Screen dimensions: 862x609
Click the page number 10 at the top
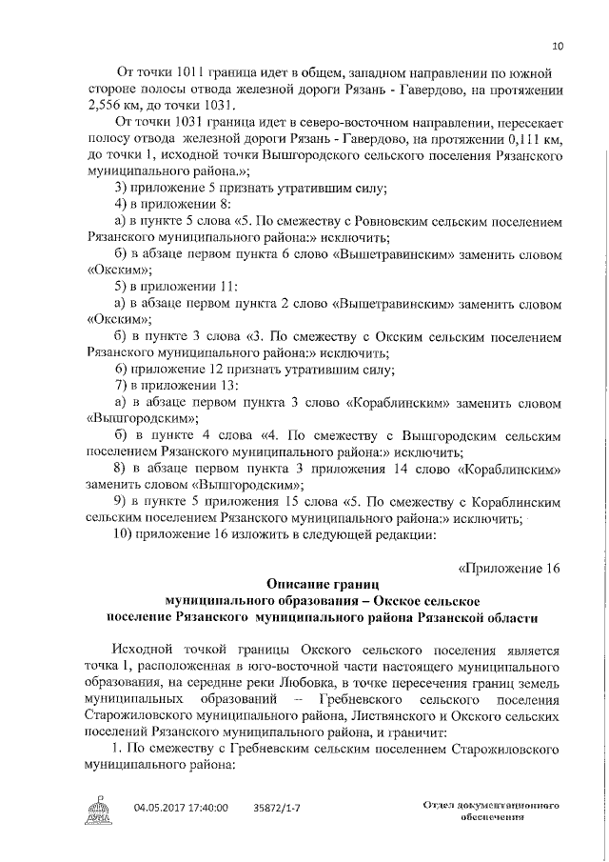[x=558, y=46]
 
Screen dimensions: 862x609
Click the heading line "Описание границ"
[x=323, y=583]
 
